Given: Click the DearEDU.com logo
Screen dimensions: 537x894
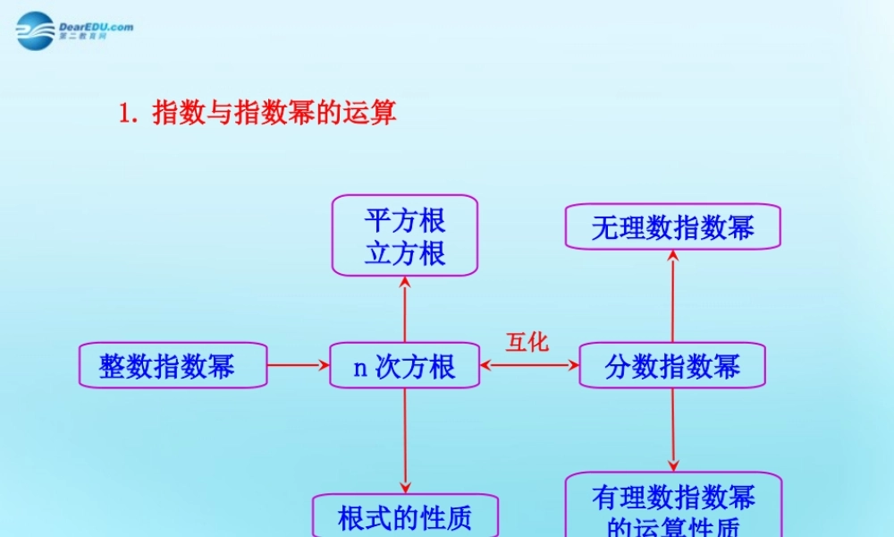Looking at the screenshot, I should [74, 30].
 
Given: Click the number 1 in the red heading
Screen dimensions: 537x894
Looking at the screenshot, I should [125, 114].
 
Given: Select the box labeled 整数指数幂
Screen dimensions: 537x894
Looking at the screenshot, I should [173, 365].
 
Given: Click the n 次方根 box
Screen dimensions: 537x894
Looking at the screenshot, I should [404, 365].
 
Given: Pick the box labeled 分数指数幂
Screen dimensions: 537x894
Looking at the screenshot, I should [672, 365].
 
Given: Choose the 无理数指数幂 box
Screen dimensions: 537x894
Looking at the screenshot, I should [672, 226].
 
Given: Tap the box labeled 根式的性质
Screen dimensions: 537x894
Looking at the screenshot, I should [404, 516].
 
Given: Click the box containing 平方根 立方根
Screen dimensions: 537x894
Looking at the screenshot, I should [405, 235].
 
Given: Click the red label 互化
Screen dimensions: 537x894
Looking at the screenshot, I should [527, 342].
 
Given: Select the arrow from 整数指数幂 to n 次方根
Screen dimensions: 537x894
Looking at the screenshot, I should [298, 365].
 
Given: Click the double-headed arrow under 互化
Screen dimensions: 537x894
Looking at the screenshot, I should [529, 365].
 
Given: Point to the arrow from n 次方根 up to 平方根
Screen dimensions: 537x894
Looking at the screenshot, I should [405, 309].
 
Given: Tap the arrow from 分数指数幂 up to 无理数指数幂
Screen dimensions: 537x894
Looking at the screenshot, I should [673, 295].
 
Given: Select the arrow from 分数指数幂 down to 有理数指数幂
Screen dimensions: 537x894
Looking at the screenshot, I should [673, 430].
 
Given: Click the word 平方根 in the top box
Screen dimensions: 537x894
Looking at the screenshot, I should [405, 220].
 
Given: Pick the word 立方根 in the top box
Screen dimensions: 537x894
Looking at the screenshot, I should [405, 253].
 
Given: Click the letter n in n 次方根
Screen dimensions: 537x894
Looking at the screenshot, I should [361, 367].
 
